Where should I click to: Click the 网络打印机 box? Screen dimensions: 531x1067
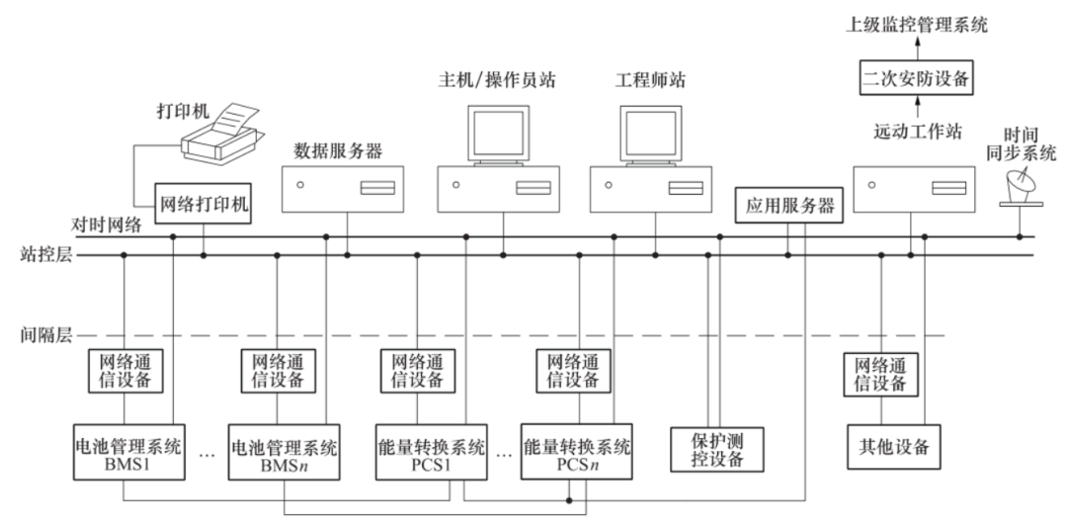point(205,206)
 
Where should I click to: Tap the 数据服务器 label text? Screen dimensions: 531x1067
point(337,151)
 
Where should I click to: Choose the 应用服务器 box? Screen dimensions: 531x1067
point(788,206)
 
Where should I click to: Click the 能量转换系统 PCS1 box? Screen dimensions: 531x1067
point(432,454)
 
